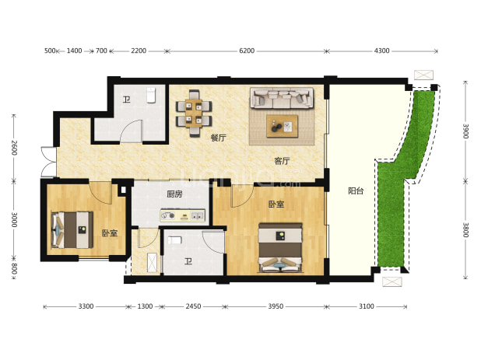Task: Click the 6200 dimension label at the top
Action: click(247, 51)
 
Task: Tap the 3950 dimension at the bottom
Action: click(276, 306)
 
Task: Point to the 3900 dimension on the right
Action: click(465, 131)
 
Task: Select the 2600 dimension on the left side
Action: click(14, 148)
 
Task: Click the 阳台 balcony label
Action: click(356, 190)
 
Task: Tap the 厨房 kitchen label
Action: click(174, 194)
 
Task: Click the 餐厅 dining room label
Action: click(218, 138)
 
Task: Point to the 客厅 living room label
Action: click(282, 161)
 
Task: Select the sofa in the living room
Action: click(282, 98)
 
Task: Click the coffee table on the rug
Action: click(283, 126)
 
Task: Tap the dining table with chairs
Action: click(194, 113)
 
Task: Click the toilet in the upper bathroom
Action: click(151, 96)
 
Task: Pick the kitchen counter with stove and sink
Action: click(183, 215)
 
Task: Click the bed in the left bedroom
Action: click(72, 230)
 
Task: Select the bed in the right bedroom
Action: click(280, 247)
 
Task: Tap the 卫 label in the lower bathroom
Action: click(188, 261)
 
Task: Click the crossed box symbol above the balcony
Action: click(423, 75)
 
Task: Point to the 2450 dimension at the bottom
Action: click(193, 306)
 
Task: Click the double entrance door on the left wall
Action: click(48, 162)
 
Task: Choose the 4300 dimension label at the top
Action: click(381, 51)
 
